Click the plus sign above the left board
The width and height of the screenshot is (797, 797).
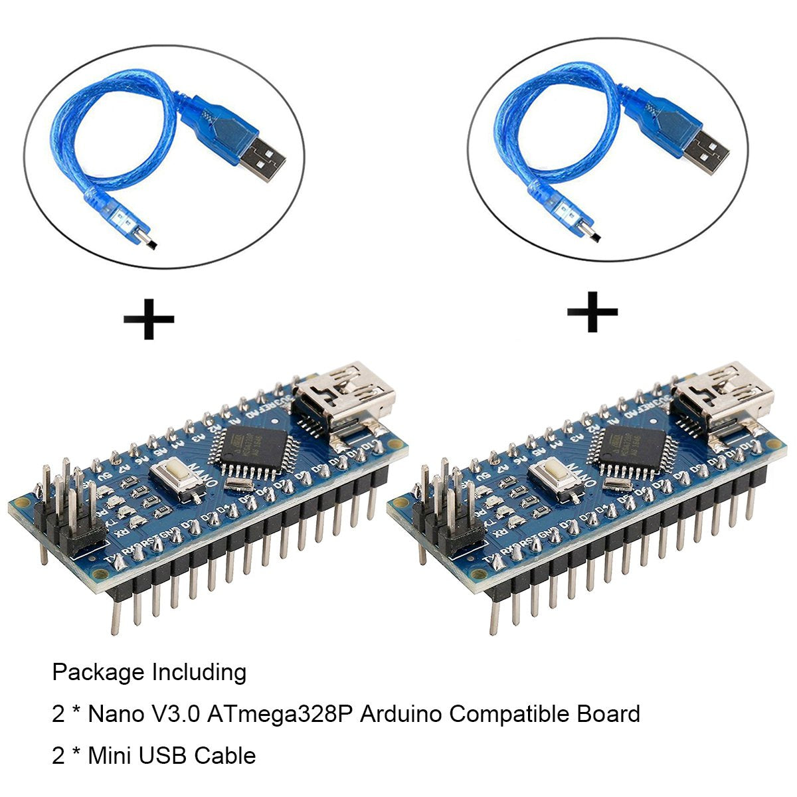149,318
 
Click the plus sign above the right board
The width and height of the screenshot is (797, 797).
592,311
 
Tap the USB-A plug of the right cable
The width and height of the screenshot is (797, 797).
707,149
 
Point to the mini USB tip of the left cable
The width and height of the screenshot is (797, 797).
147,238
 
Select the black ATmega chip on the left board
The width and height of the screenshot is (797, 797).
250,450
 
